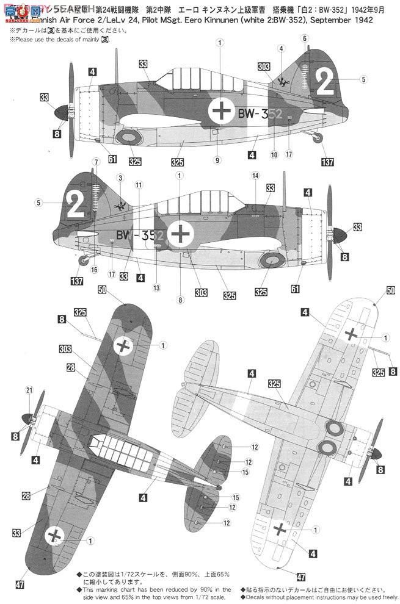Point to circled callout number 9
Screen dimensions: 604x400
pos(217,160)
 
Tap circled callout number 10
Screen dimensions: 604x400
pos(274,155)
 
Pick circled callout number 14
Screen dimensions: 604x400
pos(255,175)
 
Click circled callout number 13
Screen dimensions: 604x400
pos(157,287)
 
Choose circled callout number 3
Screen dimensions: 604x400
pos(120,178)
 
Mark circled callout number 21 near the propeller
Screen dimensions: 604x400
pos(29,390)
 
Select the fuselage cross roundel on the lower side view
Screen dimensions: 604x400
pos(181,234)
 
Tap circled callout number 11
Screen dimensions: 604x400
pos(140,184)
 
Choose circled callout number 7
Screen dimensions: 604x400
pos(95,162)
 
